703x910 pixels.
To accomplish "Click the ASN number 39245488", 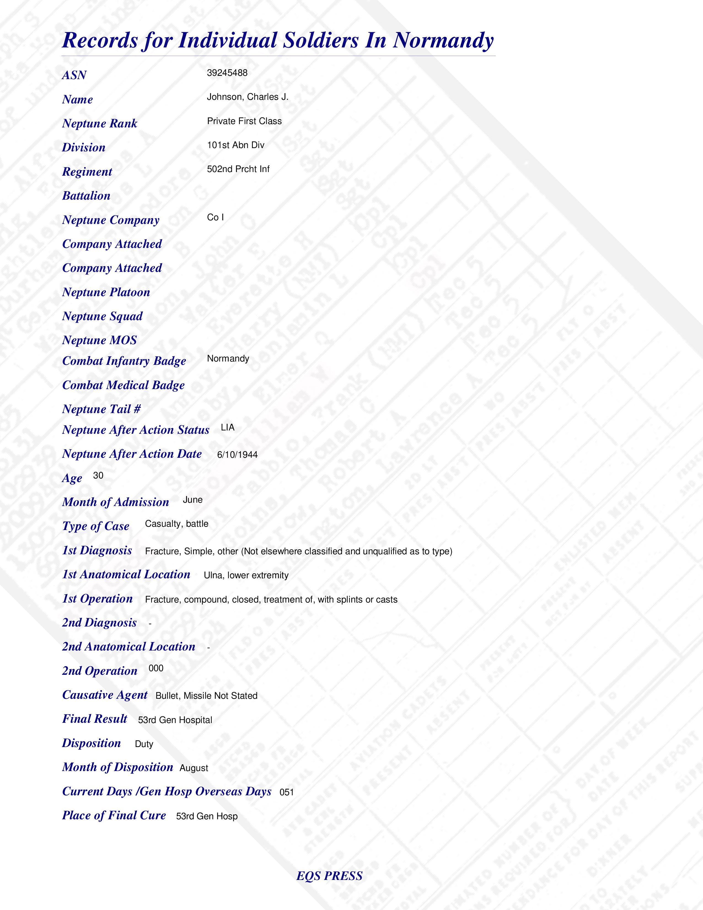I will click(x=227, y=73).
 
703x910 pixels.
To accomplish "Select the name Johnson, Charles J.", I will click(x=247, y=97).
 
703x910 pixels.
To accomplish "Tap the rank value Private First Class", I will click(x=244, y=121).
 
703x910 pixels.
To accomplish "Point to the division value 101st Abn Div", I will click(x=235, y=145).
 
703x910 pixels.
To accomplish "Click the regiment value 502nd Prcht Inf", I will click(x=238, y=169).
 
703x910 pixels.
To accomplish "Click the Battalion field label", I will click(x=86, y=196).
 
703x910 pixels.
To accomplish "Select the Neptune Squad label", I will click(x=102, y=316).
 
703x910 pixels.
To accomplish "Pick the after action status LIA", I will click(x=227, y=427).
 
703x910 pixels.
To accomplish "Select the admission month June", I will click(x=192, y=500).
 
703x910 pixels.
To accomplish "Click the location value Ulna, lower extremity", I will click(x=246, y=576).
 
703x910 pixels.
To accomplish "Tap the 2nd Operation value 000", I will click(x=156, y=668).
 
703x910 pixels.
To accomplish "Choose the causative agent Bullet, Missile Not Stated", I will click(x=206, y=696).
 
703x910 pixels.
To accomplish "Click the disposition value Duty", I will click(x=144, y=744).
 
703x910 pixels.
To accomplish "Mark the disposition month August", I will click(x=194, y=768).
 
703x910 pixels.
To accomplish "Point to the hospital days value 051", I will click(x=286, y=792).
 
